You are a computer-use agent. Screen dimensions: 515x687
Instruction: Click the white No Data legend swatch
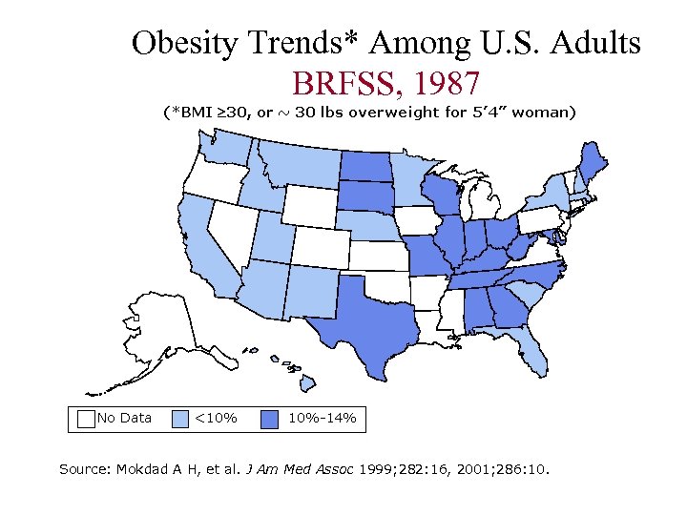[x=86, y=418]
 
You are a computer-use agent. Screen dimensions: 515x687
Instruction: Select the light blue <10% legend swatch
[x=179, y=418]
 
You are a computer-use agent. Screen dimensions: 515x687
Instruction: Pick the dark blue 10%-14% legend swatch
[x=271, y=418]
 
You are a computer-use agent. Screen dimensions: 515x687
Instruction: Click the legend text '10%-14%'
[x=322, y=418]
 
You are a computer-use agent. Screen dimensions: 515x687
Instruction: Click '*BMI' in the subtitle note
[x=191, y=113]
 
